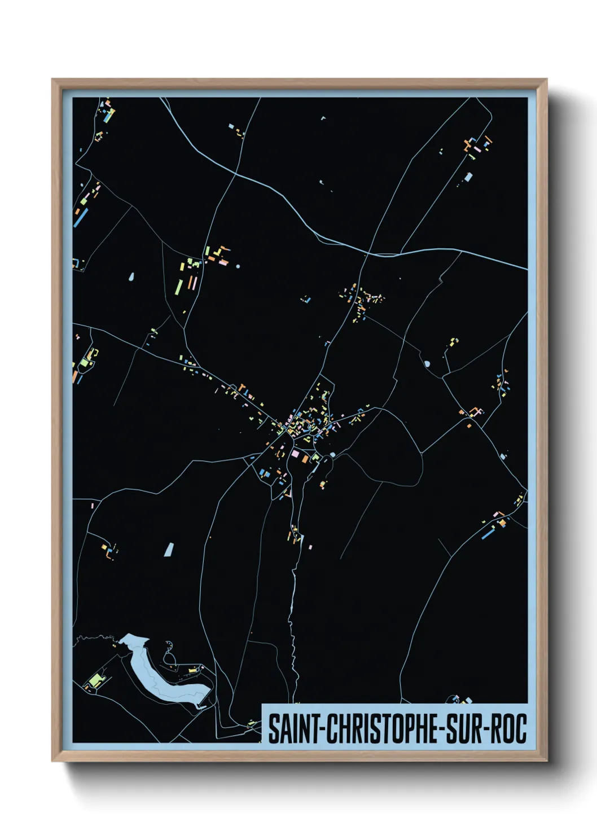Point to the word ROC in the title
pyautogui.click(x=508, y=729)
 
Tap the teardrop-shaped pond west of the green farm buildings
pyautogui.click(x=131, y=277)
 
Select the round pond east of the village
pyautogui.click(x=427, y=364)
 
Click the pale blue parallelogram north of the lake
pyautogui.click(x=169, y=549)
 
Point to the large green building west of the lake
pyautogui.click(x=97, y=678)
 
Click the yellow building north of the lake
pyautogui.click(x=193, y=670)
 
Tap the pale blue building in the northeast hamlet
pyautogui.click(x=468, y=177)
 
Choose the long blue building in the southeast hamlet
pyautogui.click(x=488, y=533)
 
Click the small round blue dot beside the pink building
pyautogui.click(x=238, y=266)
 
